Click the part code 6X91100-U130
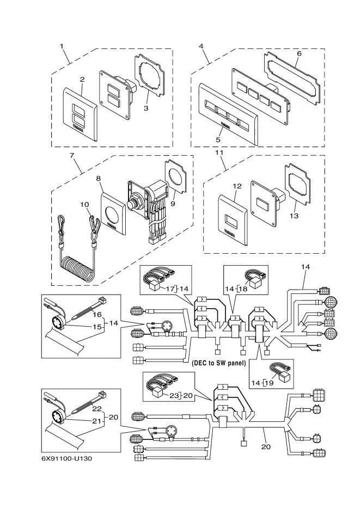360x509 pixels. [66, 458]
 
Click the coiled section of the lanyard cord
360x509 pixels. [77, 268]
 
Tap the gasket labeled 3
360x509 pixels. [149, 81]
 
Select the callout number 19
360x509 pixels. [269, 383]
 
